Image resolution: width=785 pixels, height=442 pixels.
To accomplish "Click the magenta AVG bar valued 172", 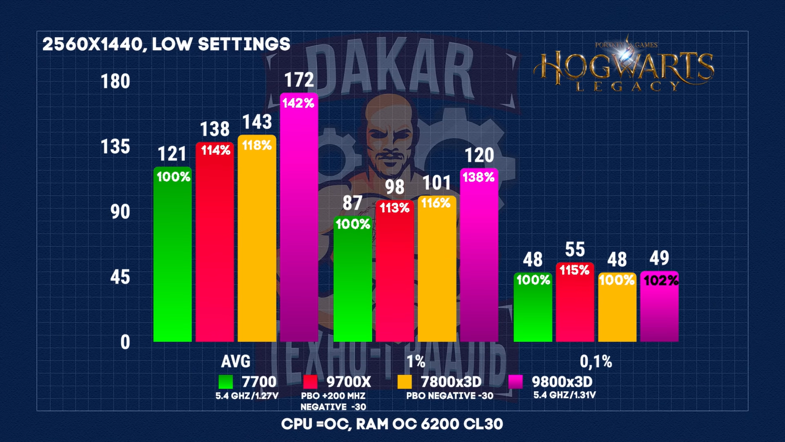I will point(299,221).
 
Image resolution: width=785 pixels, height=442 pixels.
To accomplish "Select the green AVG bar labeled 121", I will point(172,255).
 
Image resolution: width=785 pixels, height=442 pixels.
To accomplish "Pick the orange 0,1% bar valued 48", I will point(617,309).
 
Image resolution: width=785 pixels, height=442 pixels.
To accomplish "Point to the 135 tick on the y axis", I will point(115,146).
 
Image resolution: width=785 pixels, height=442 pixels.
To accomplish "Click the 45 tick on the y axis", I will point(120,277).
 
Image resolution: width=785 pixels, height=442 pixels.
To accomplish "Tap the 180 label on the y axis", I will point(115,81).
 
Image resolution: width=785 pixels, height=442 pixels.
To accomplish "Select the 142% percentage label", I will point(298,103).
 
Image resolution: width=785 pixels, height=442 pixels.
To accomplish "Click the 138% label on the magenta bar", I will point(478,177).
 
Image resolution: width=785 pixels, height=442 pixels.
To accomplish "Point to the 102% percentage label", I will point(661,280).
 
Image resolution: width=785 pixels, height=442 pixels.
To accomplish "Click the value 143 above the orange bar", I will point(257,122).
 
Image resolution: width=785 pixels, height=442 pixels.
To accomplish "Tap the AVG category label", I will point(235,361).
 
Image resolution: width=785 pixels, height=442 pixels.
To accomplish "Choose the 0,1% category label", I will point(596,361).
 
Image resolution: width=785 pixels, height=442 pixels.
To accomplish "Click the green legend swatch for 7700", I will point(226,382).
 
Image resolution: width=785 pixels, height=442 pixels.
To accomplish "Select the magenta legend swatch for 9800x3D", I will point(515,382).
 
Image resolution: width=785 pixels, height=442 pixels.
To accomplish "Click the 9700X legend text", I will point(349,382).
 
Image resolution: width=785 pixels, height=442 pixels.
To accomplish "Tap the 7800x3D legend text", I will point(451,382).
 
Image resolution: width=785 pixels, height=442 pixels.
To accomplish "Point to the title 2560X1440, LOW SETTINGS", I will point(166,44).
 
